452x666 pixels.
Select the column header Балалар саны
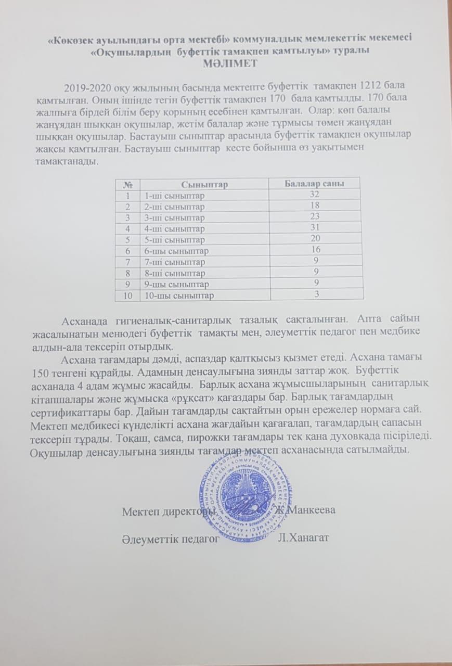click(x=315, y=184)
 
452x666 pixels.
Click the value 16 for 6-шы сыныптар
click(x=315, y=250)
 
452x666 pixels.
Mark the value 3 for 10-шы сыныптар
click(x=315, y=294)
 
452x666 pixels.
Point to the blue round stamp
click(x=244, y=494)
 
